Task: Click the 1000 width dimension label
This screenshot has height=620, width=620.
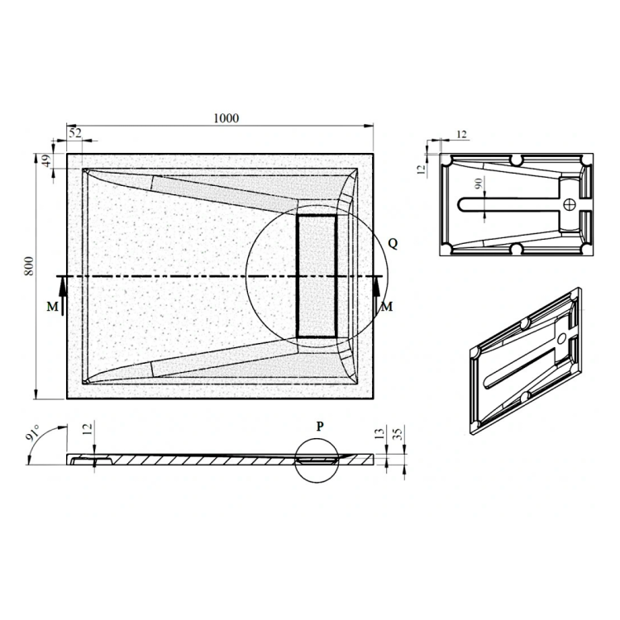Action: click(227, 118)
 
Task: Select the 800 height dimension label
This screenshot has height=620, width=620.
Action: click(29, 266)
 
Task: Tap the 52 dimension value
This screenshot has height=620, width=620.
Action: click(75, 133)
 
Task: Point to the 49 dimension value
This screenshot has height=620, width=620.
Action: click(46, 160)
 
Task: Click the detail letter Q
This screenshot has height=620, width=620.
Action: click(393, 244)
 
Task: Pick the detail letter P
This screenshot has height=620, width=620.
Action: click(320, 426)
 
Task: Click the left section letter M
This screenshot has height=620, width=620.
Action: click(52, 307)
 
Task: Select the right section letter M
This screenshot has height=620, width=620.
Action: click(387, 307)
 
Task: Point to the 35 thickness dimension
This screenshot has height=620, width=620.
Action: click(398, 434)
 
